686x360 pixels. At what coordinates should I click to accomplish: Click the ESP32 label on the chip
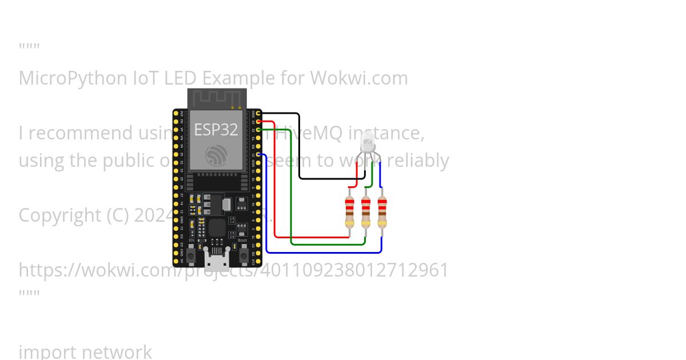pos(216,130)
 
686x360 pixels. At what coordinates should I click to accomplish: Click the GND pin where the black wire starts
pos(259,114)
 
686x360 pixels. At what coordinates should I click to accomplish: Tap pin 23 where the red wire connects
pos(259,122)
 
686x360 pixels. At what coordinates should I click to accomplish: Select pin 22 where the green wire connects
pos(259,130)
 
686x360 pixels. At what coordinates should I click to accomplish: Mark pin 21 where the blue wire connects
pos(259,154)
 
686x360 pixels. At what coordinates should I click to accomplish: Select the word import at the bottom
pos(45,351)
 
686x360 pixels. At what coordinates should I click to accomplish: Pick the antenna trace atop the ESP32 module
pos(216,98)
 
